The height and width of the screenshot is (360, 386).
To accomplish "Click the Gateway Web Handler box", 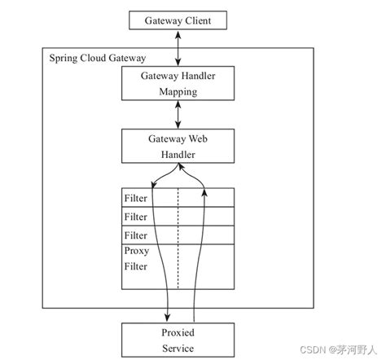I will [178, 144].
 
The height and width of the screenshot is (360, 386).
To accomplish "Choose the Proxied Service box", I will [178, 339].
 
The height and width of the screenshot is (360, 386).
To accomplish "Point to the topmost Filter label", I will [136, 198].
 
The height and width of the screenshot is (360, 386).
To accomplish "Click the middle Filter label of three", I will [136, 217].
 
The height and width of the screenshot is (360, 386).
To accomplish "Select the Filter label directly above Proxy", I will [136, 235].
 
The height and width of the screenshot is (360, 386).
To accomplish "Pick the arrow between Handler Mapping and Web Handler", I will [178, 115].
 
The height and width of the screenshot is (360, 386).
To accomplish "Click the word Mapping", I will [178, 92].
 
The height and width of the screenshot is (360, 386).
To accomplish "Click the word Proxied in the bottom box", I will [178, 332].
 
